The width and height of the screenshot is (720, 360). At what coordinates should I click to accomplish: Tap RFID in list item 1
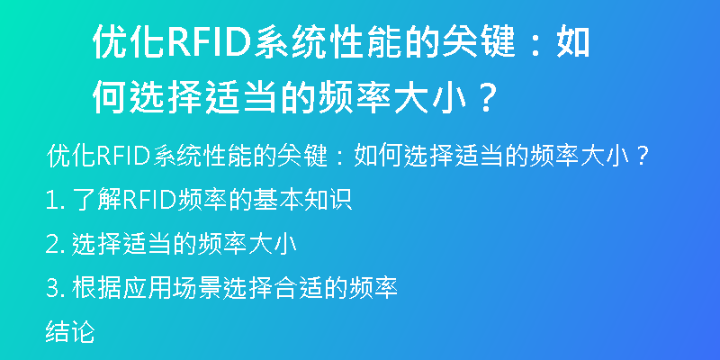pos(149,200)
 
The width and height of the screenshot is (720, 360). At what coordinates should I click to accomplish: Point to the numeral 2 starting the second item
pos(51,244)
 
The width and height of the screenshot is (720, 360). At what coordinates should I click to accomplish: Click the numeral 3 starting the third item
pos(51,288)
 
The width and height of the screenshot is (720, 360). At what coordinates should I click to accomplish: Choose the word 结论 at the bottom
pos(70,332)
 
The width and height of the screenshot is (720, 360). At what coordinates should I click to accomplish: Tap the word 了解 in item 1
pos(97,200)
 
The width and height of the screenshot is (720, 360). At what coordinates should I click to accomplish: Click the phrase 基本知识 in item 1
pos(302,200)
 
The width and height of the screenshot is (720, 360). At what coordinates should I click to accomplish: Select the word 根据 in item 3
pos(97,288)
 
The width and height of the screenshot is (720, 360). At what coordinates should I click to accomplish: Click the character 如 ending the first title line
pos(572,42)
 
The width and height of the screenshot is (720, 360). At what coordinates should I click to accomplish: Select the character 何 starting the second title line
pos(110,98)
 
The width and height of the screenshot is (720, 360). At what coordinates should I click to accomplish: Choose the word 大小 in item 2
pos(273,244)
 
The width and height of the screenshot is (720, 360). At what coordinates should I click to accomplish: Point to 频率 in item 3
pos(373,288)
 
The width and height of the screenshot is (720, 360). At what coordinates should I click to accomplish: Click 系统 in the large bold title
pos(290,42)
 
